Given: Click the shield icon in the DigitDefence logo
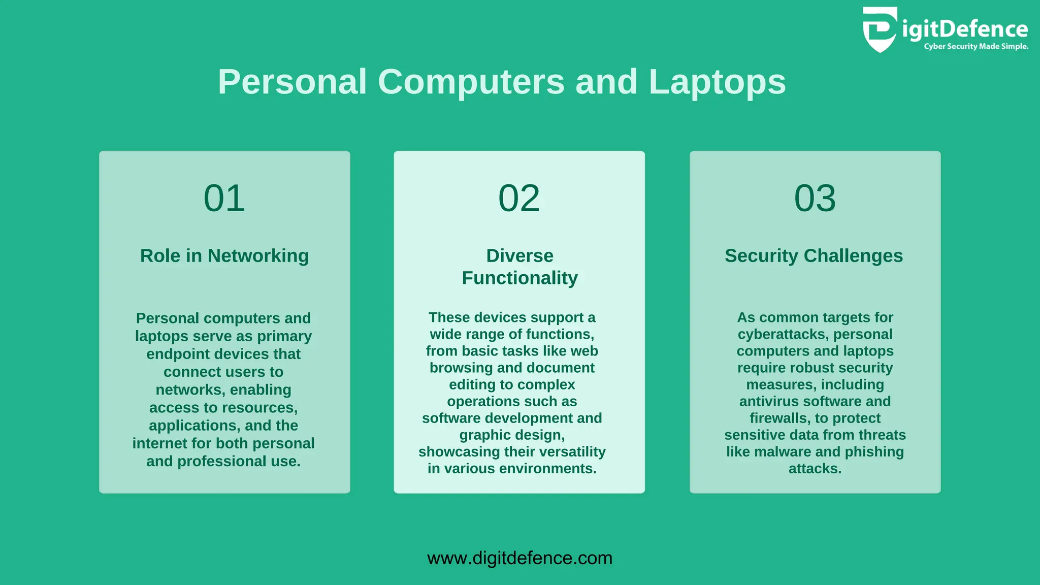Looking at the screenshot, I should click(880, 29).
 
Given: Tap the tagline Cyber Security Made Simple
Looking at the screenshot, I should click(976, 47).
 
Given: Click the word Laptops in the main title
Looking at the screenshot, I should click(717, 82).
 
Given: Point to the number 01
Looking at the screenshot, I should click(224, 198).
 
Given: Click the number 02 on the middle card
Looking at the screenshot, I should click(519, 198).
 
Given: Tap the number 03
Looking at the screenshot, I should click(815, 198).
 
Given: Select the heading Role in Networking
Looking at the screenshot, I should click(224, 255).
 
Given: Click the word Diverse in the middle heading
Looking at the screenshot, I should click(519, 255).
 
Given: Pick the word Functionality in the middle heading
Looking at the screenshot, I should click(519, 278).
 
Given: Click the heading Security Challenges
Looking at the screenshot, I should click(814, 255).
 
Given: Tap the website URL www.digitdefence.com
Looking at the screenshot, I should click(519, 558).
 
